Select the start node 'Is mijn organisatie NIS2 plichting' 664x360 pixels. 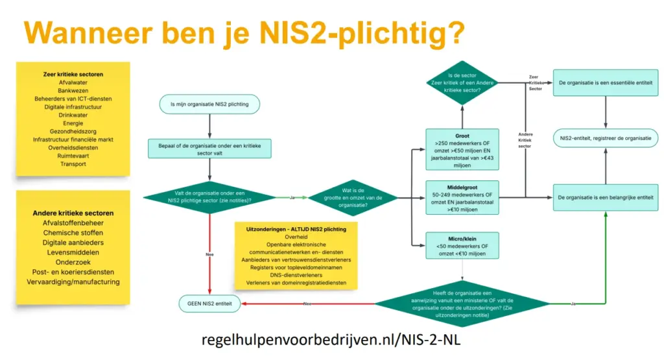point(209,104)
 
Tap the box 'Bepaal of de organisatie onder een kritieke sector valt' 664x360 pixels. point(209,149)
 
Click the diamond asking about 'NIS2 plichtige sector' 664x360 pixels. point(209,197)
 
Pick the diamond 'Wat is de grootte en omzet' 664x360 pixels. point(353,197)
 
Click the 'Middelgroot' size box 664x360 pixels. point(462,197)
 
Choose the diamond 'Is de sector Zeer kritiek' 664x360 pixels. point(462,83)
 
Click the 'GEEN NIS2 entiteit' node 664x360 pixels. point(209,303)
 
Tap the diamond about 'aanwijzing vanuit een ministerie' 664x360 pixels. point(462,303)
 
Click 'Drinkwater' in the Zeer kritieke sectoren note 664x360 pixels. point(73,115)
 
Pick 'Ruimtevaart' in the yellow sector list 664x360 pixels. point(73,156)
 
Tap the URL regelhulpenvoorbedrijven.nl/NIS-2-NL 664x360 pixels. point(331,340)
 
